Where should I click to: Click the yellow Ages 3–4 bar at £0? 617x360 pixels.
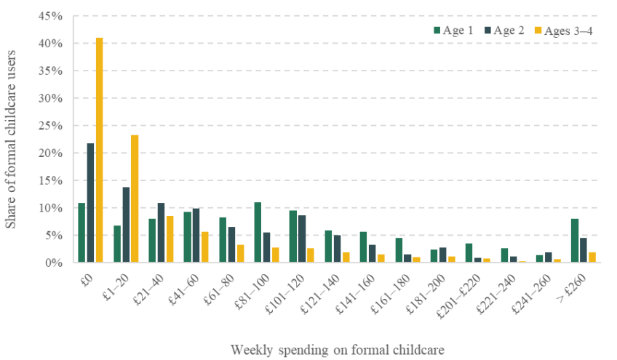tap(99, 150)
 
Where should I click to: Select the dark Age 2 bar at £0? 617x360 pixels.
tap(90, 203)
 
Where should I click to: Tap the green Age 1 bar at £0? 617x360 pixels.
tap(81, 233)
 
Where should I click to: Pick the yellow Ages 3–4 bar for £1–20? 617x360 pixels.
tap(135, 199)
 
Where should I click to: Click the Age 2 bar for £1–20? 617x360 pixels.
tap(126, 225)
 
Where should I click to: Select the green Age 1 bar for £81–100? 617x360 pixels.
tap(258, 232)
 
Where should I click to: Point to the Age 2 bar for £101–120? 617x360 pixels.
tap(302, 239)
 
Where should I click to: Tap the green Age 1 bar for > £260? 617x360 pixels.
tap(575, 241)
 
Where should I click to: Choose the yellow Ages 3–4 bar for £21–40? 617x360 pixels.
tap(170, 239)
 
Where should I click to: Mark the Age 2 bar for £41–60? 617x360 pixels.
tap(196, 236)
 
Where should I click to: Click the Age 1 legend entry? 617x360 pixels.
tap(453, 31)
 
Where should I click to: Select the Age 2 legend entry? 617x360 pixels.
tap(504, 31)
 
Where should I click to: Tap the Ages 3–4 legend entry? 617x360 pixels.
tap(564, 31)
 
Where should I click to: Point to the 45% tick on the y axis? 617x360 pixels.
tap(51, 16)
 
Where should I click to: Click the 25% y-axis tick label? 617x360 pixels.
tap(51, 126)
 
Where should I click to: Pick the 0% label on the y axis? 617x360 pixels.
tap(54, 263)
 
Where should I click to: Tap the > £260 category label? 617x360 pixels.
tap(571, 288)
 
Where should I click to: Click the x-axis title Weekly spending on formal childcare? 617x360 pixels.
tap(337, 350)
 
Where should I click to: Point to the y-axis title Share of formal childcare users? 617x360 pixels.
tap(11, 139)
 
